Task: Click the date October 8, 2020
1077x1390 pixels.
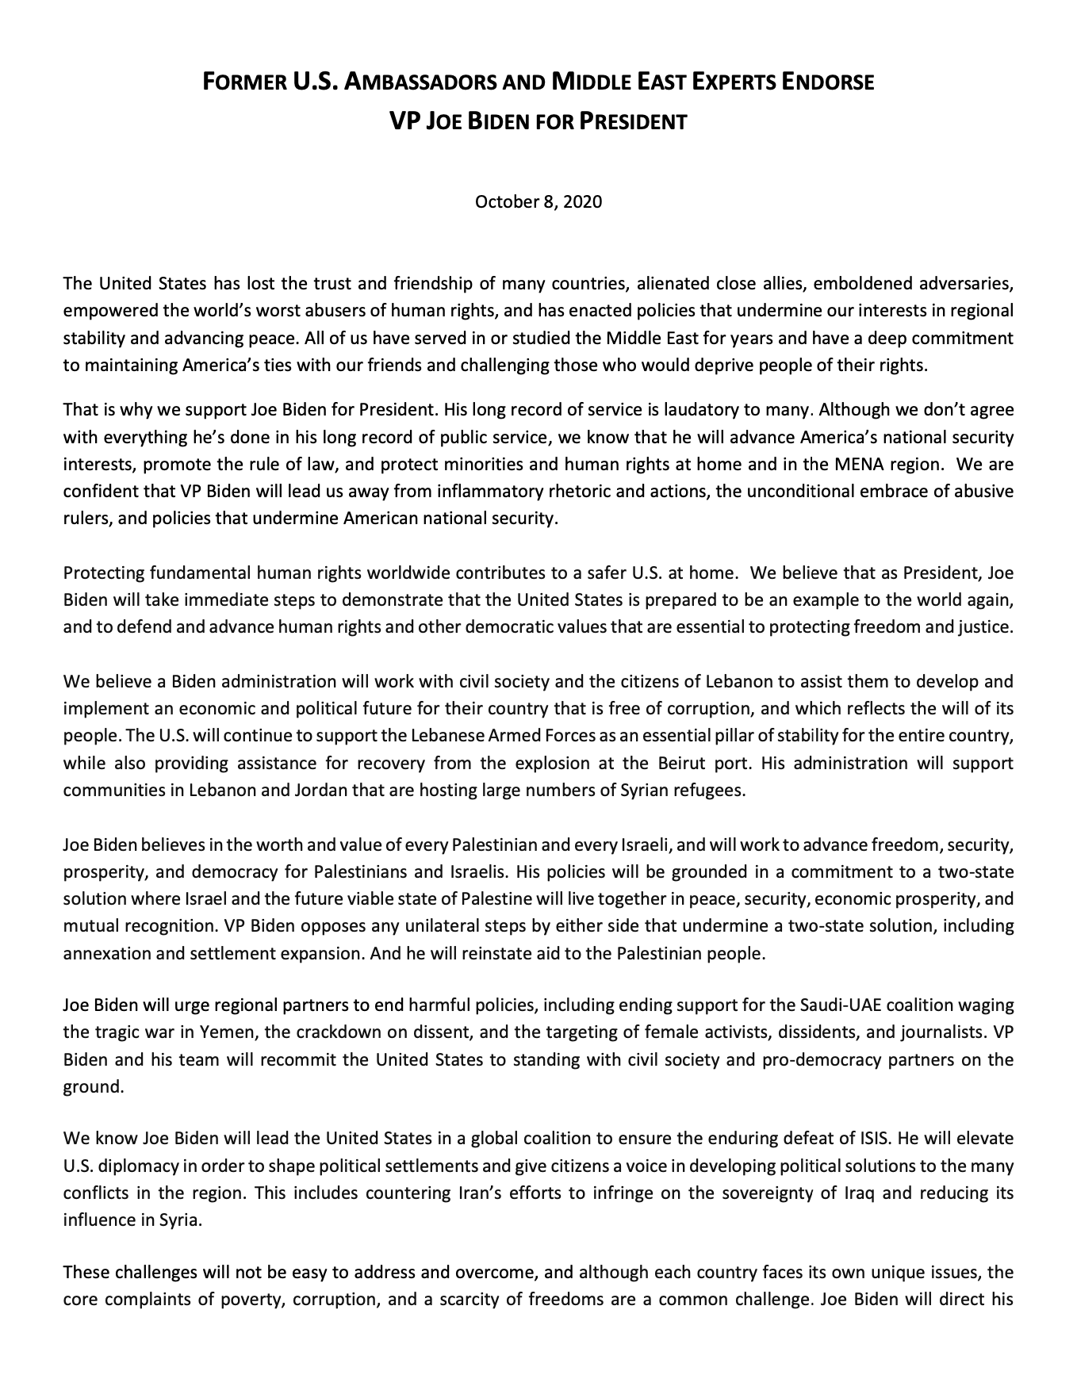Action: pyautogui.click(x=538, y=201)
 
